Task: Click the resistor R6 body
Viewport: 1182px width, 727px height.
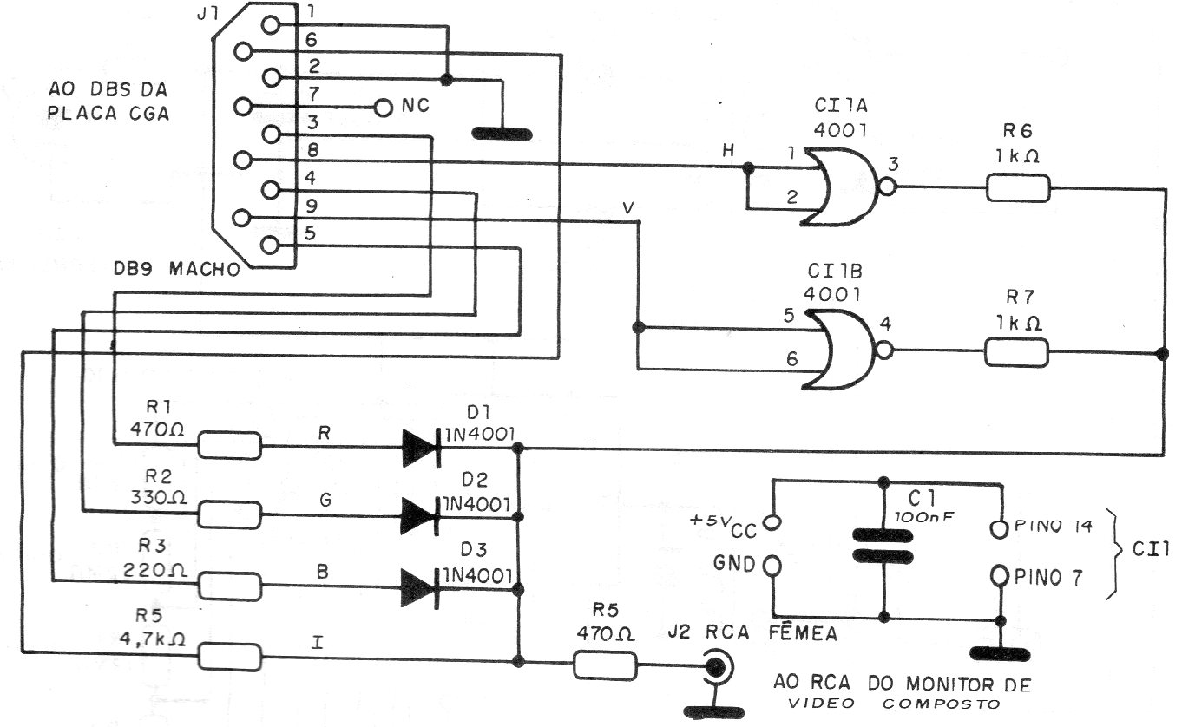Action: (x=1017, y=187)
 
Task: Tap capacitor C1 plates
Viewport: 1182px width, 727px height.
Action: (x=883, y=546)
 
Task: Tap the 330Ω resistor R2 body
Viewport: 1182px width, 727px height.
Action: (x=230, y=515)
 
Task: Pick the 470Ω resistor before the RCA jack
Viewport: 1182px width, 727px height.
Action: (x=605, y=666)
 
